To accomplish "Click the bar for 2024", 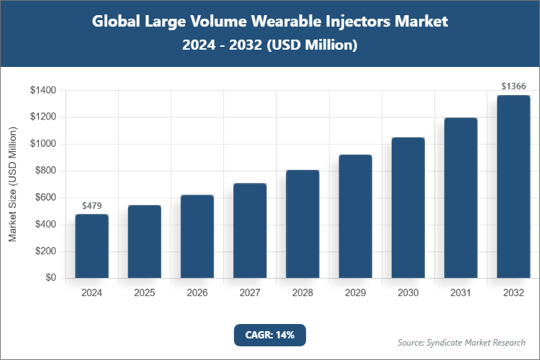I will pyautogui.click(x=91, y=246).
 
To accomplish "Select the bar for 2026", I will pyautogui.click(x=197, y=236).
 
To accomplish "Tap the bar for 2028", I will pyautogui.click(x=302, y=224).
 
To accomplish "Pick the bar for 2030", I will pyautogui.click(x=408, y=207).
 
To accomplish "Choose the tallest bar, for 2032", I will pyautogui.click(x=513, y=186).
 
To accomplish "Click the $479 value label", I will pyautogui.click(x=91, y=206).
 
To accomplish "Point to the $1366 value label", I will pyautogui.click(x=513, y=86).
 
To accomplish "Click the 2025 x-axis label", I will pyautogui.click(x=144, y=293).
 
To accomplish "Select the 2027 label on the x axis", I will pyautogui.click(x=249, y=293).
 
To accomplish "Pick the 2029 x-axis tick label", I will pyautogui.click(x=355, y=293).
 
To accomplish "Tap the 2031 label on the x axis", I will pyautogui.click(x=460, y=293).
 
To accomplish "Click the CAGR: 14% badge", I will pyautogui.click(x=270, y=335).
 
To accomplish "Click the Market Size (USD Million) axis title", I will pyautogui.click(x=12, y=184).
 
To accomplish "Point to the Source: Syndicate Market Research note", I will pyautogui.click(x=462, y=342).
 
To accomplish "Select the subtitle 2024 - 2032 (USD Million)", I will pyautogui.click(x=270, y=45).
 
